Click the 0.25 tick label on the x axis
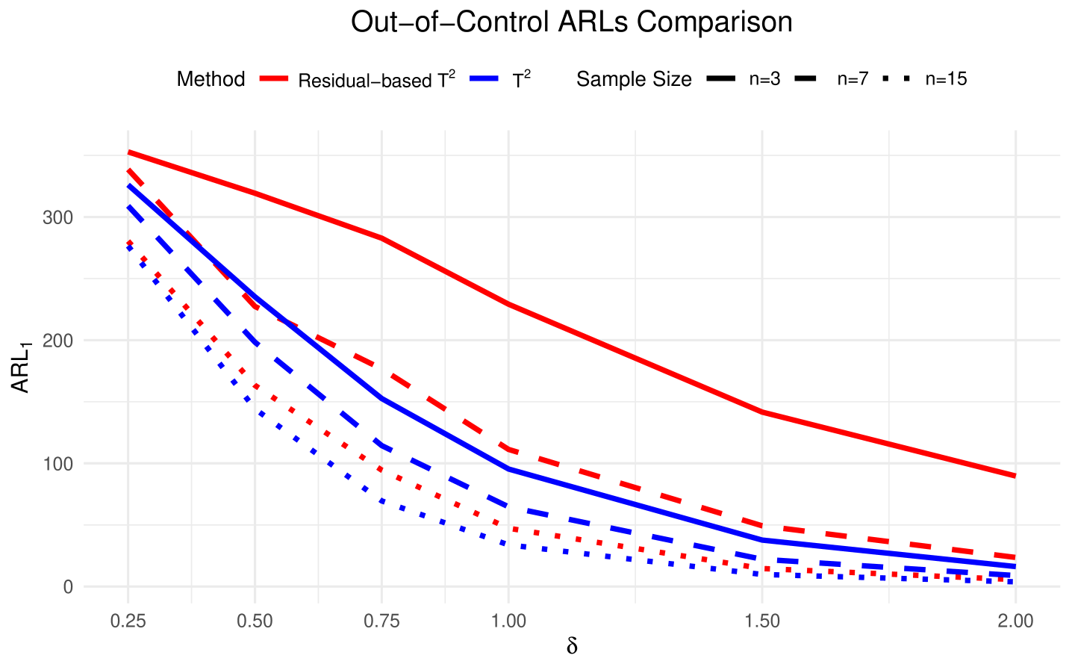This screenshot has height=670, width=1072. (128, 621)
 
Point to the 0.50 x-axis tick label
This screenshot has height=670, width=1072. (255, 621)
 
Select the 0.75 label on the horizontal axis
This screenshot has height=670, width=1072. (381, 621)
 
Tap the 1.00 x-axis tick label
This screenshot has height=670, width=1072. (508, 621)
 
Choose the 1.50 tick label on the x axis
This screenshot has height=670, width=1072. (762, 621)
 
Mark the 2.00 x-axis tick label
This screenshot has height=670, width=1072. (1015, 621)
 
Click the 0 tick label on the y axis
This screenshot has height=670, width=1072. (68, 587)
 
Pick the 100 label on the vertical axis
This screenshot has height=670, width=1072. (58, 464)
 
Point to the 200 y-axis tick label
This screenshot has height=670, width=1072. (58, 341)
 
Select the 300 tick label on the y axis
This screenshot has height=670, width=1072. (58, 218)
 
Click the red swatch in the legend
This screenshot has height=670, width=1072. (274, 78)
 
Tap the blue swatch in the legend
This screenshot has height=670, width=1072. (484, 78)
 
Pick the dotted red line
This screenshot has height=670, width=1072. (635, 548)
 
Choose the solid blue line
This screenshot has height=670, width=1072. (635, 503)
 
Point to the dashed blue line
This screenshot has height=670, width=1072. (635, 532)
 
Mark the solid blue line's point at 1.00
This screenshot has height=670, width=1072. (508, 469)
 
